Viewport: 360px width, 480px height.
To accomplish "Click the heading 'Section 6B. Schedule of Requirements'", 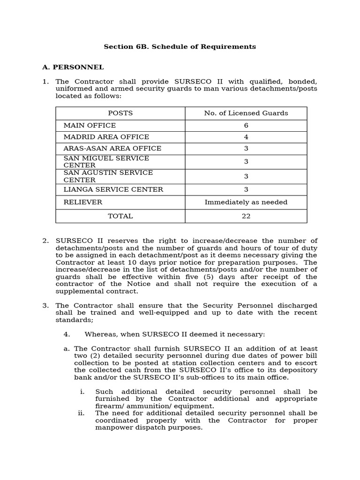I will click(x=180, y=47).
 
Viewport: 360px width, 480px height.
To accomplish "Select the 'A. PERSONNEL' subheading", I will click(x=73, y=67).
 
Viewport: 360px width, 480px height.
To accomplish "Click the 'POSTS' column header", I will click(x=120, y=113).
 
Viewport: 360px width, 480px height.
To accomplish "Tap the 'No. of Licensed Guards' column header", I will click(x=246, y=113).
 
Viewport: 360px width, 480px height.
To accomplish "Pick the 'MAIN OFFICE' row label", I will click(x=90, y=126).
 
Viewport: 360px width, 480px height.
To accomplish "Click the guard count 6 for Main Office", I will click(x=246, y=126).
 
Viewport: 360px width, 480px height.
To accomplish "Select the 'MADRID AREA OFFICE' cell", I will click(x=106, y=137).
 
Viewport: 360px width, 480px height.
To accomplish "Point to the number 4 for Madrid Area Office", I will click(x=246, y=137).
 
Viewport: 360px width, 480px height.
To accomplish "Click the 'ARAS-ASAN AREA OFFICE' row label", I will click(x=112, y=149).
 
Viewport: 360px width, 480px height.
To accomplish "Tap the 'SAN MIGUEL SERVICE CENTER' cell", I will click(x=106, y=162).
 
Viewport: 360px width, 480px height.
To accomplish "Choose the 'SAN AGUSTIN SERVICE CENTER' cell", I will click(x=108, y=176).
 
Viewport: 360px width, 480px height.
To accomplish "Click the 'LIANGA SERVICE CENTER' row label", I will click(x=113, y=190).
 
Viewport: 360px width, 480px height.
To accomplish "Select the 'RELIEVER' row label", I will click(x=82, y=202).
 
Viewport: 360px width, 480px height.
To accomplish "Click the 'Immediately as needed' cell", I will click(x=246, y=202).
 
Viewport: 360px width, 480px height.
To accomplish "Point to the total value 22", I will click(x=246, y=216).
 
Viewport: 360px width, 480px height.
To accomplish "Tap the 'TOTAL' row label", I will click(x=120, y=216).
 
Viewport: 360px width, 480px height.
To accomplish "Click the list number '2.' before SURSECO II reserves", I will click(x=45, y=241).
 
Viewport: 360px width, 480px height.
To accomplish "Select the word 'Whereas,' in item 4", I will click(x=99, y=334).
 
